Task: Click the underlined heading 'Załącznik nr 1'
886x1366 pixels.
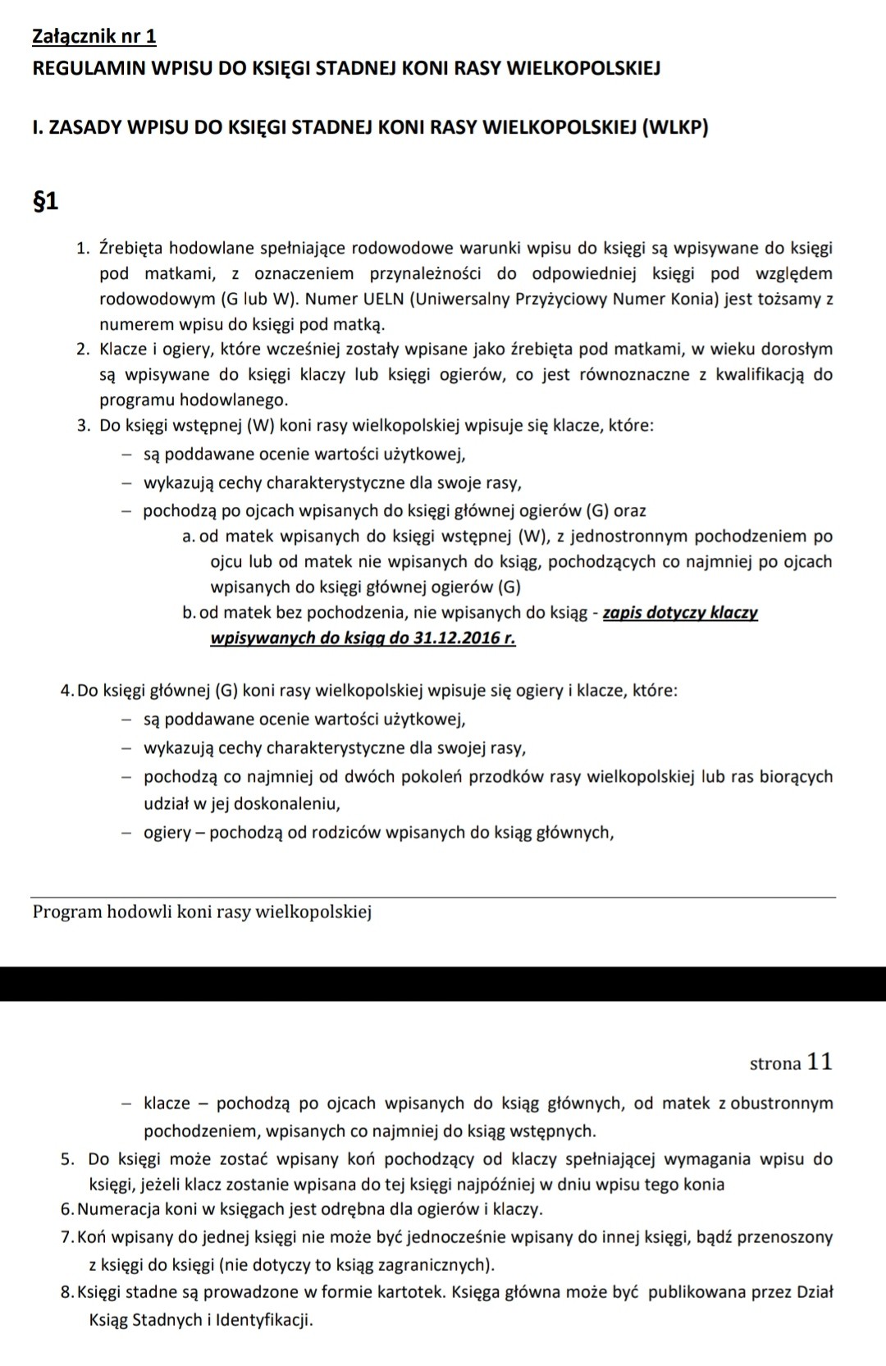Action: coord(94,36)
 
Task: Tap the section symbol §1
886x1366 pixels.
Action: coord(44,201)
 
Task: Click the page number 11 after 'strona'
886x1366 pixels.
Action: coord(820,1062)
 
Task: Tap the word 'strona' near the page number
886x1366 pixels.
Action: coord(775,1063)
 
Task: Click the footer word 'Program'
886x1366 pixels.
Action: coord(67,911)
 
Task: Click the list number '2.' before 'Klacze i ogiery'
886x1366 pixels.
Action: coord(83,349)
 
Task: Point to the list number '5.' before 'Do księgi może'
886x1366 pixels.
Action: coord(69,1159)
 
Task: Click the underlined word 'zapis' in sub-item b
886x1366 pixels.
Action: coord(623,613)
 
